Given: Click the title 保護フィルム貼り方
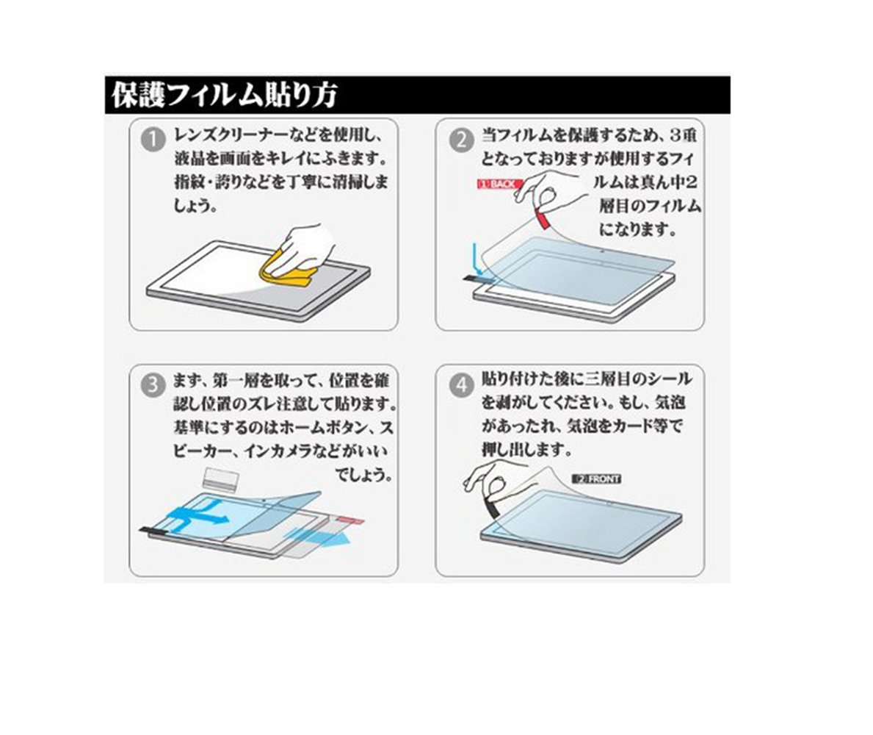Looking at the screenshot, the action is (224, 96).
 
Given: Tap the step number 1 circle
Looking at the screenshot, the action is (153, 140).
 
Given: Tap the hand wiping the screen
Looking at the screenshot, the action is (306, 245).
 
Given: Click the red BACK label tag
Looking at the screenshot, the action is (499, 184).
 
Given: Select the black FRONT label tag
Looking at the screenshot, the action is (595, 478).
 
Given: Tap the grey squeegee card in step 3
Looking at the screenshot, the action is (220, 478).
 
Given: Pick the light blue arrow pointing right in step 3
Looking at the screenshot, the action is (318, 538).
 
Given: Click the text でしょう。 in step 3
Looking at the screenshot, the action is (363, 475).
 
